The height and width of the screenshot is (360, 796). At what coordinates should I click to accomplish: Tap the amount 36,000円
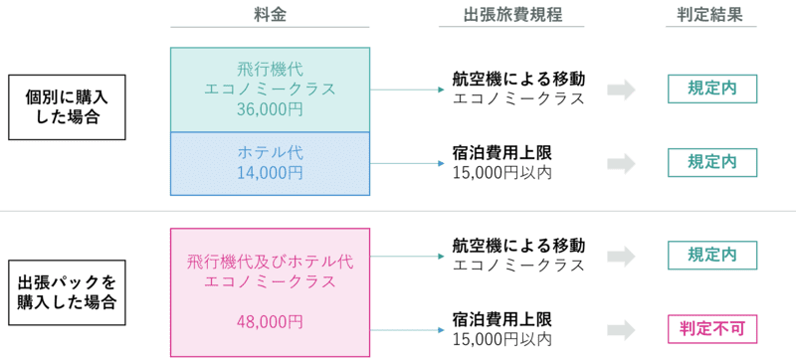tap(270, 109)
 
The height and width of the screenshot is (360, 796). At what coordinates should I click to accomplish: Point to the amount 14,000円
tap(270, 172)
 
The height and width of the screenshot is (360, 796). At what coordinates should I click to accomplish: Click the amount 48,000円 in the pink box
tap(270, 321)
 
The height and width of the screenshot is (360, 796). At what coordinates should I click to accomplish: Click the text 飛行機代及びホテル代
tap(270, 262)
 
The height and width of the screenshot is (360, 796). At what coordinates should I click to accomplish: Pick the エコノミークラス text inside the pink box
tap(270, 281)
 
